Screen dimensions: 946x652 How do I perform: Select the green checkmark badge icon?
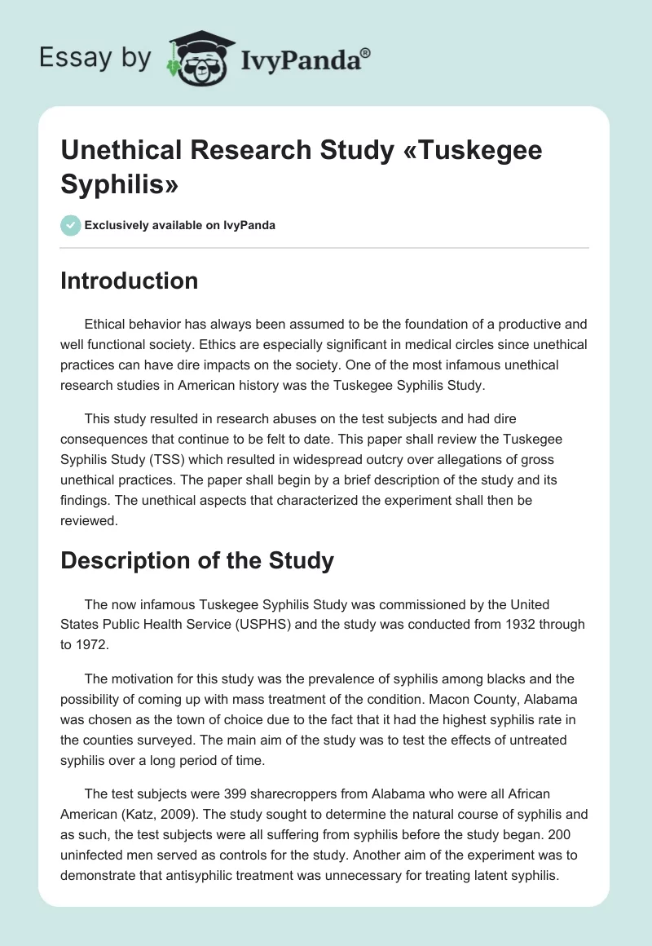tap(71, 225)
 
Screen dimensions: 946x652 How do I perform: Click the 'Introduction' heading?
tap(130, 281)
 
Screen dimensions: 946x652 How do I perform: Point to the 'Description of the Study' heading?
tap(197, 560)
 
